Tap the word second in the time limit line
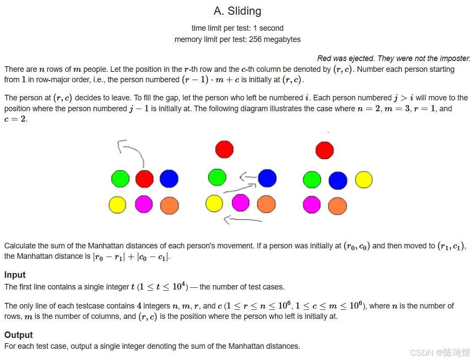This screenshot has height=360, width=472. pyautogui.click(x=271, y=28)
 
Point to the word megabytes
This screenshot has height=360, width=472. pyautogui.click(x=282, y=39)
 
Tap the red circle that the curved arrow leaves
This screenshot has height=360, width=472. pyautogui.click(x=144, y=179)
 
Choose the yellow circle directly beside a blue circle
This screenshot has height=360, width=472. pyautogui.click(x=364, y=180)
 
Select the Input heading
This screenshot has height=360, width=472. pyautogui.click(x=15, y=275)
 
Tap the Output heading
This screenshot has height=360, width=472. pyautogui.click(x=19, y=335)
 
